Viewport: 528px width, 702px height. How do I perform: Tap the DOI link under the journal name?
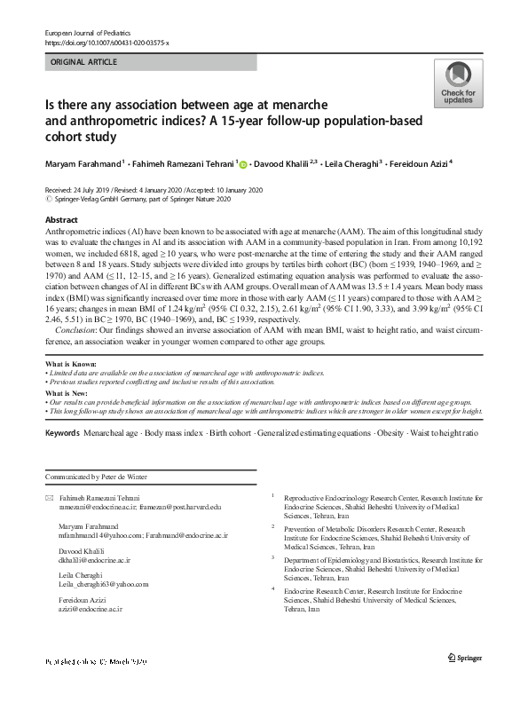[x=106, y=43]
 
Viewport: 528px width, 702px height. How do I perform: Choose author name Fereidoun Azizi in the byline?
[x=416, y=164]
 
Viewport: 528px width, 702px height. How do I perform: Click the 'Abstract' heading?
[x=60, y=218]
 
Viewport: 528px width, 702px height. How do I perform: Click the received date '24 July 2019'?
[x=90, y=190]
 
